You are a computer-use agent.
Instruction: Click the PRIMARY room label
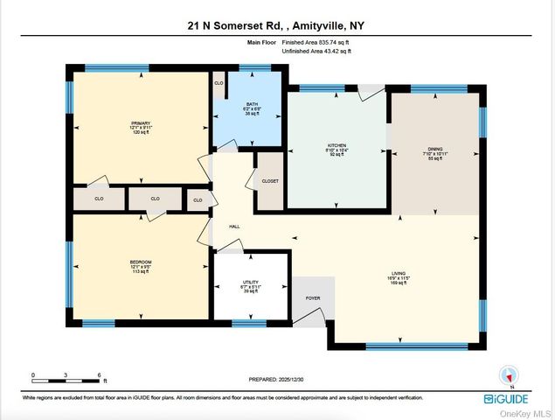pos(141,123)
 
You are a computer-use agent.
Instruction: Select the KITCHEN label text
pos(337,144)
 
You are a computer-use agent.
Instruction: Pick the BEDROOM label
pos(141,262)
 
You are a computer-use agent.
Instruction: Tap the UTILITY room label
pos(251,282)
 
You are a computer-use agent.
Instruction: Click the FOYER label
pos(313,297)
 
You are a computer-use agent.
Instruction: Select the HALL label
pos(234,227)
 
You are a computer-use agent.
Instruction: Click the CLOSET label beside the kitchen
pos(268,182)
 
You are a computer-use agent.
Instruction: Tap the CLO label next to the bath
pos(219,84)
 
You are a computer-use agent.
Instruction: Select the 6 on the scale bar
pos(100,374)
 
